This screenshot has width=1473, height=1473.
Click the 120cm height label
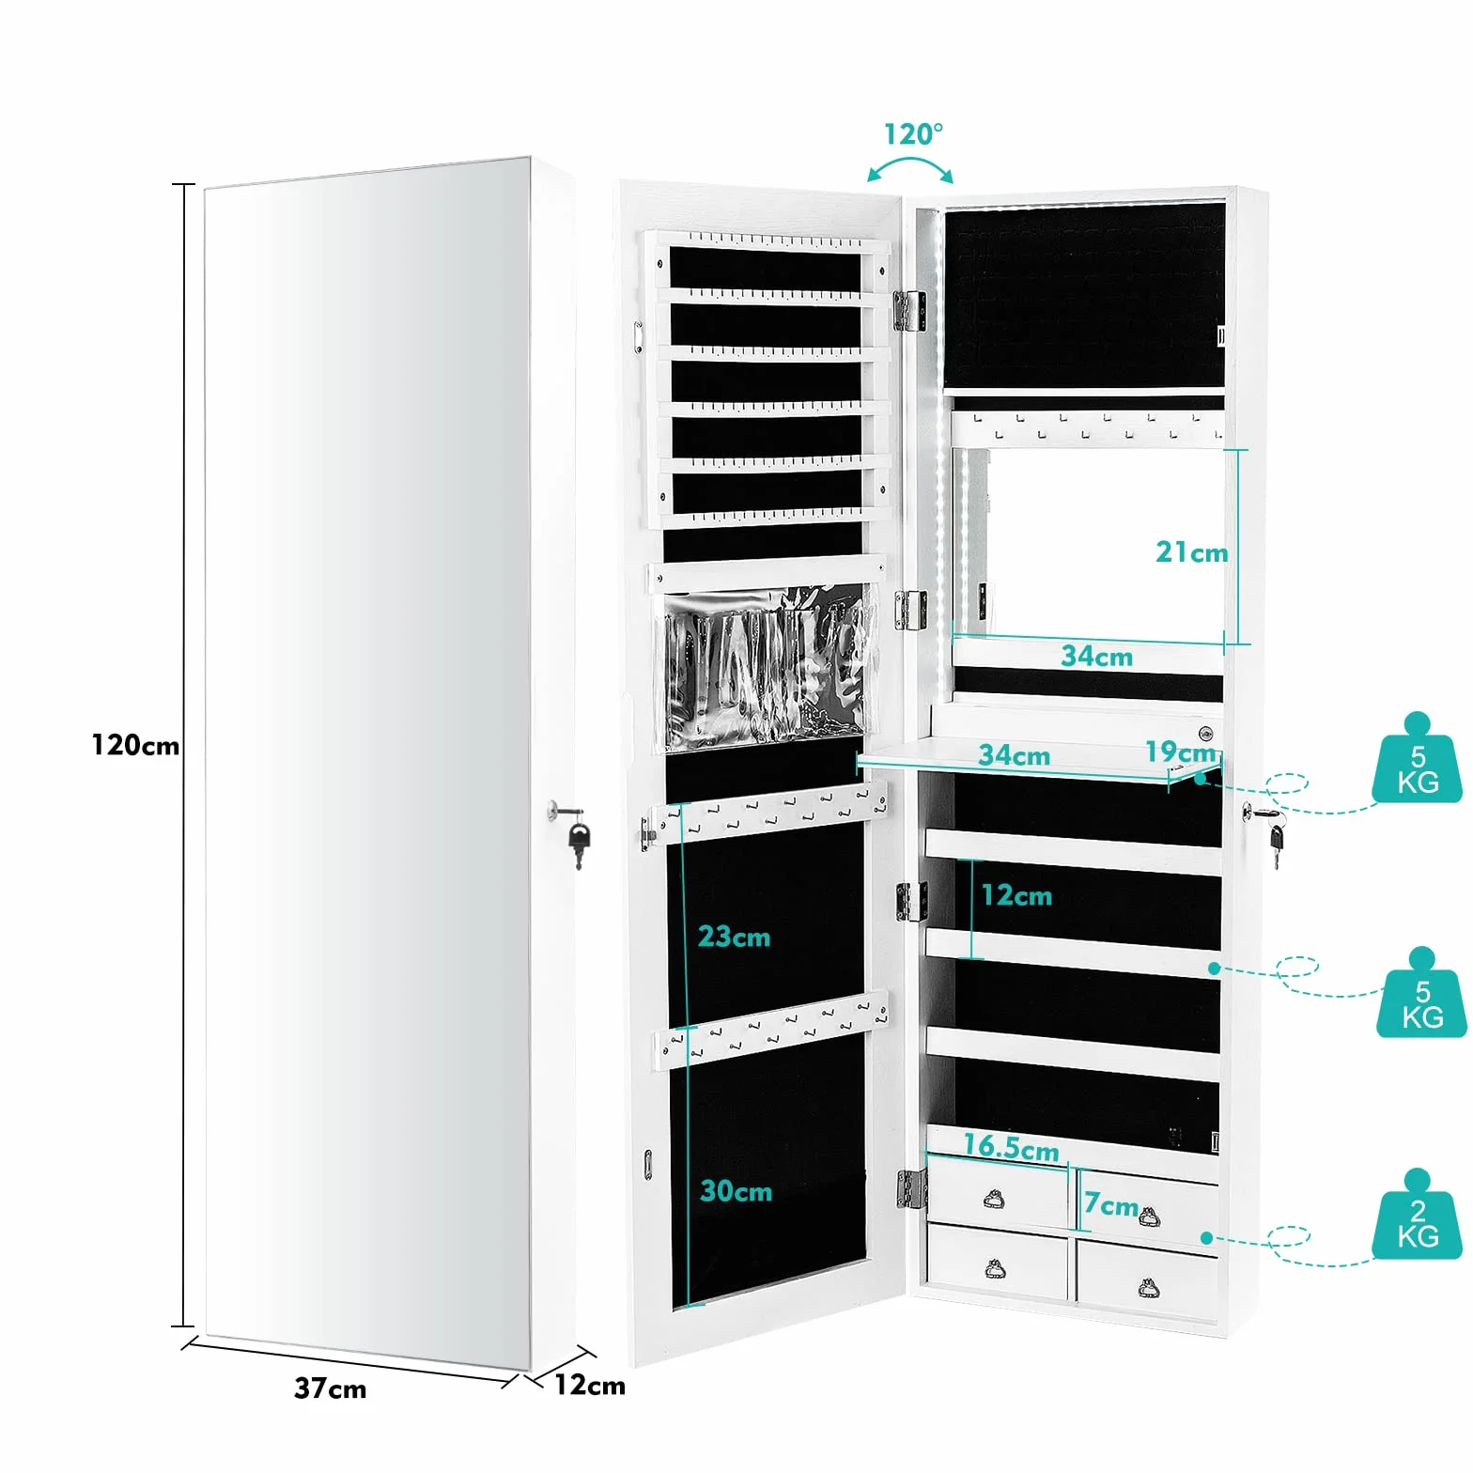click(135, 745)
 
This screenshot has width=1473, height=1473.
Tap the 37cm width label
click(330, 1388)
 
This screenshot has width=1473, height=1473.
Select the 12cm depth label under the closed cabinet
click(590, 1385)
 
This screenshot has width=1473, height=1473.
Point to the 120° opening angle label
click(913, 134)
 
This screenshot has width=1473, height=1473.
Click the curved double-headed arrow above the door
click(909, 165)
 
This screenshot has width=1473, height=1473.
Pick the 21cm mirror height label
click(1191, 552)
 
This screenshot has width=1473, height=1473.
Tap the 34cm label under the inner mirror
click(1096, 656)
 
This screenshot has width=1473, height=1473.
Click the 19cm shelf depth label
click(1181, 752)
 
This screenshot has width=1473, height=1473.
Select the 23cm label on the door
click(734, 937)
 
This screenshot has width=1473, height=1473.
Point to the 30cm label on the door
click(736, 1191)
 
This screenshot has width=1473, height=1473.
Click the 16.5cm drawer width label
click(1011, 1147)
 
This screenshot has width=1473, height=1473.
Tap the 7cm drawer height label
click(1110, 1204)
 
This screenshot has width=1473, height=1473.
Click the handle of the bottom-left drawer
click(996, 1270)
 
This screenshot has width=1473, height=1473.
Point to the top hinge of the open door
click(908, 311)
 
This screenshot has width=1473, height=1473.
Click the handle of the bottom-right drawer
click(1147, 1286)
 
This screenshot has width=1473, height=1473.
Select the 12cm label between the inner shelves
click(1016, 895)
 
